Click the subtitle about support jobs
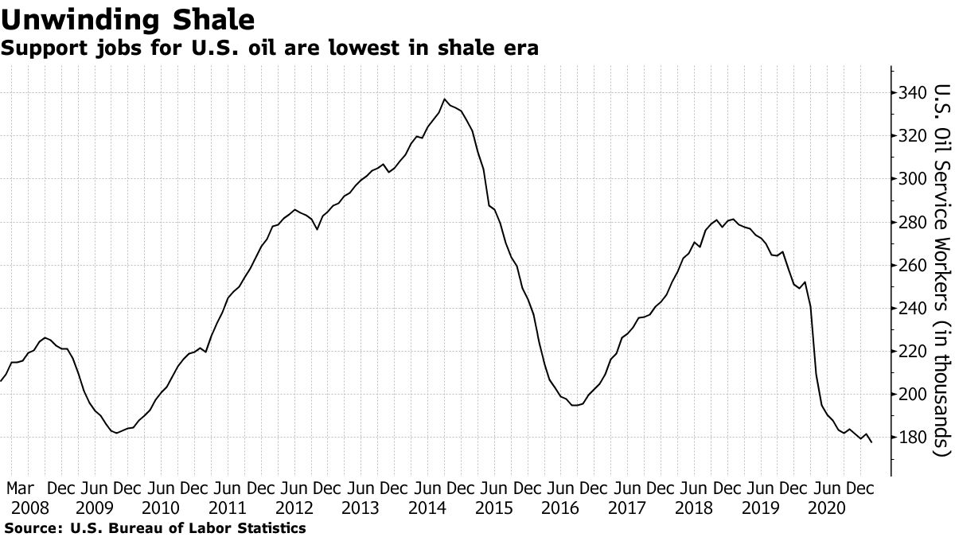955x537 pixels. (x=270, y=49)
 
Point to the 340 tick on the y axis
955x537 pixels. (x=910, y=93)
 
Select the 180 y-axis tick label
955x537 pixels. (x=910, y=437)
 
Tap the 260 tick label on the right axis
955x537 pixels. (x=910, y=265)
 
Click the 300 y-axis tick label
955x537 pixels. (x=910, y=179)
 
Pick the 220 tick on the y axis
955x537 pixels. (x=910, y=351)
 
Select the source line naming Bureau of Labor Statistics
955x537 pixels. (x=154, y=527)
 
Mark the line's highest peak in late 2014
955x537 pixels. (x=444, y=99)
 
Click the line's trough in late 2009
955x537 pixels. (x=117, y=433)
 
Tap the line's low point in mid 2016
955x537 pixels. (x=575, y=405)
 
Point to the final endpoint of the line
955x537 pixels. (x=871, y=442)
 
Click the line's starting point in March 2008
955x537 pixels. (x=2, y=381)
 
